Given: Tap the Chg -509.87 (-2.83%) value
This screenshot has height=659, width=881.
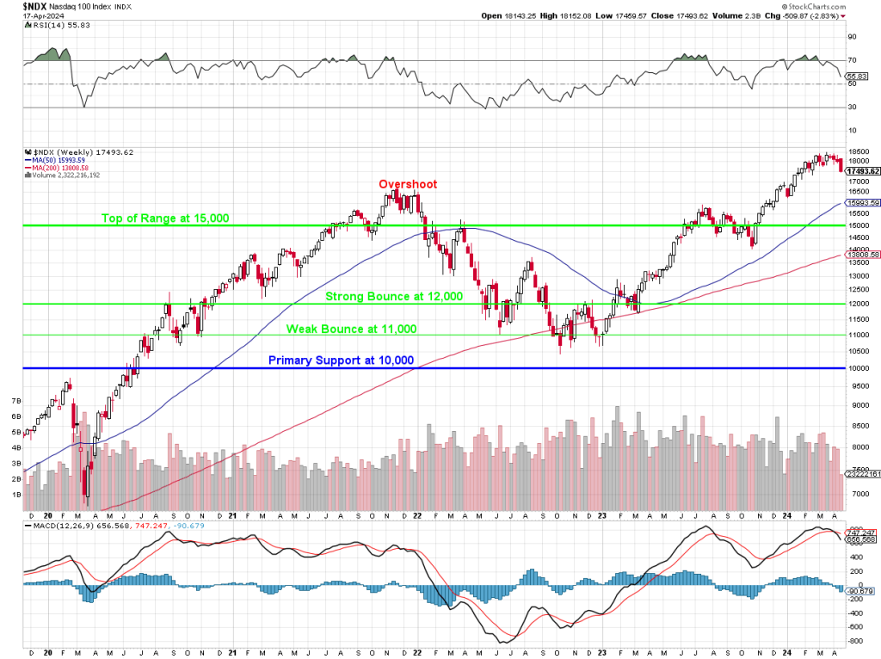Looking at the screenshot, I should click(x=795, y=15).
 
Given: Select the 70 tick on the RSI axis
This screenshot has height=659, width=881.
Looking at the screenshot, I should click(x=852, y=59).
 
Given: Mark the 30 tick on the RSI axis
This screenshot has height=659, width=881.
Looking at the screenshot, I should click(x=852, y=108).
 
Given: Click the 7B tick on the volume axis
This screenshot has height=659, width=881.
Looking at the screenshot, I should click(x=15, y=401).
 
